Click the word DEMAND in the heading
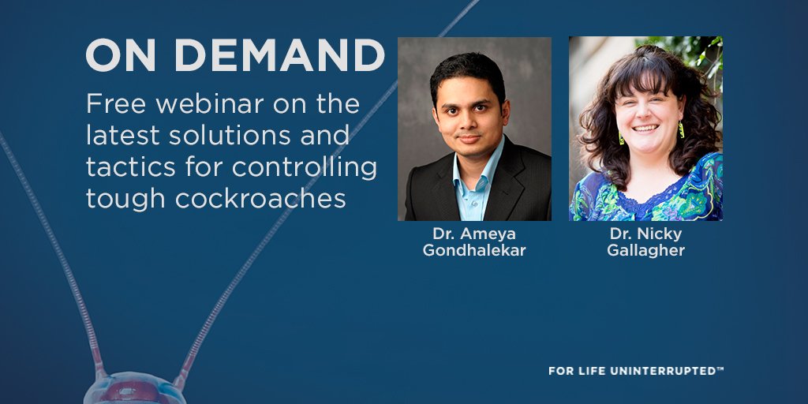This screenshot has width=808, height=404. (x=278, y=56)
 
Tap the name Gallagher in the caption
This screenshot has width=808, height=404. (x=645, y=251)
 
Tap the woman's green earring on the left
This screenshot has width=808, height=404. (x=620, y=137)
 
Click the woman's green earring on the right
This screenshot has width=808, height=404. (x=681, y=129)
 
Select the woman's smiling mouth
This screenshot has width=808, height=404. (x=646, y=128)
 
